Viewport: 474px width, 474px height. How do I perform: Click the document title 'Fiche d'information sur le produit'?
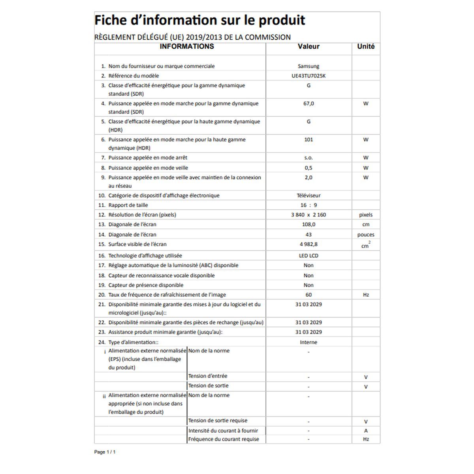(199, 21)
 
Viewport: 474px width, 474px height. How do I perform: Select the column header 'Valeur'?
(308, 47)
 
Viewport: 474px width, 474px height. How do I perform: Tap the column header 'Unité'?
(366, 47)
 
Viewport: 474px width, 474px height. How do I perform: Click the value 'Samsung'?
(308, 66)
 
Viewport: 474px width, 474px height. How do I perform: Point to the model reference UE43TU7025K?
(308, 76)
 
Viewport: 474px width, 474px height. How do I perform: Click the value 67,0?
(308, 103)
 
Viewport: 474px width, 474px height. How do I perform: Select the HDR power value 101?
(308, 139)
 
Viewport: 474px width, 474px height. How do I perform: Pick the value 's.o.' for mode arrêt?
(308, 158)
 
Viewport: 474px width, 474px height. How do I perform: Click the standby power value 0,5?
(308, 168)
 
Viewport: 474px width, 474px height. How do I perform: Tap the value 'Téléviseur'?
(308, 196)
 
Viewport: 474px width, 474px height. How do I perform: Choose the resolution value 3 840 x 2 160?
(308, 215)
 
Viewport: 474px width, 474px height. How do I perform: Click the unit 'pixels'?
(366, 215)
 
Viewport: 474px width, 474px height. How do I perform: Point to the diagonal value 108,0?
(308, 224)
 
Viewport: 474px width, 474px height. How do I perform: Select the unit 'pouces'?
(366, 235)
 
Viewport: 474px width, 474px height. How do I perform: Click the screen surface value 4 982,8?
(308, 244)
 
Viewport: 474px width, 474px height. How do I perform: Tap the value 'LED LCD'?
(308, 256)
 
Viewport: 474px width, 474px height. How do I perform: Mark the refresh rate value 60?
(308, 295)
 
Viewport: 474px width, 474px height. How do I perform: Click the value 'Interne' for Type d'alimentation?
(308, 342)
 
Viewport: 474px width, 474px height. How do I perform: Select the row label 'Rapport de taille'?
(128, 205)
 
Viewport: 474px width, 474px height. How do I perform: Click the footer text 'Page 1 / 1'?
(105, 452)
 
